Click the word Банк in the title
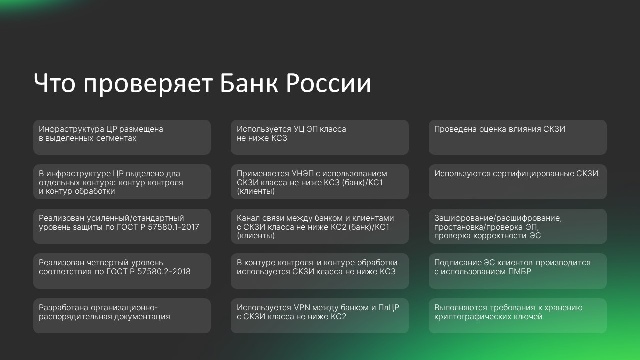pyautogui.click(x=249, y=83)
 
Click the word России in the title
pyautogui.click(x=328, y=83)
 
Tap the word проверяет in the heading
pyautogui.click(x=148, y=85)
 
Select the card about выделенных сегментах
pyautogui.click(x=122, y=137)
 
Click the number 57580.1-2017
pyautogui.click(x=173, y=227)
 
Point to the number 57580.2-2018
pyautogui.click(x=164, y=271)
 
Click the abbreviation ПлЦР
pyautogui.click(x=389, y=307)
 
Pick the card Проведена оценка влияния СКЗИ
pyautogui.click(x=517, y=137)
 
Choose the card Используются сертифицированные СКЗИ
pyautogui.click(x=517, y=182)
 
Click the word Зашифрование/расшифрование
pyautogui.click(x=498, y=218)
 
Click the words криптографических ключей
pyautogui.click(x=488, y=317)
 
